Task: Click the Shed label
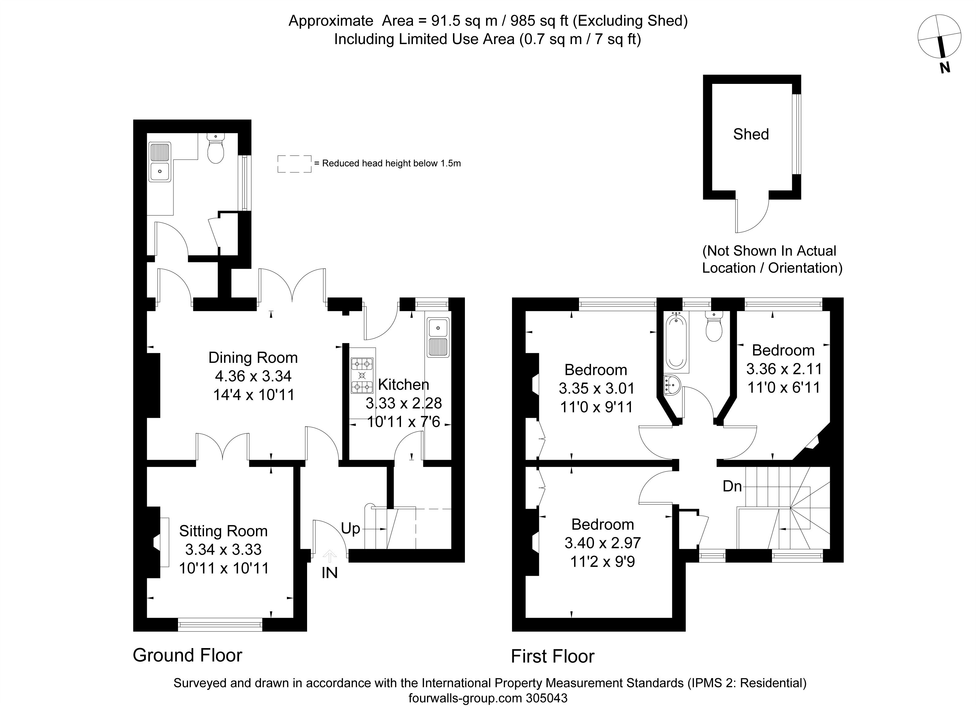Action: (751, 134)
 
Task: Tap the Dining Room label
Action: (253, 358)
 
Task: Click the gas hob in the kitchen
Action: (362, 376)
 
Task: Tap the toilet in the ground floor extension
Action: (216, 148)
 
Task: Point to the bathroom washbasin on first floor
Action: (672, 385)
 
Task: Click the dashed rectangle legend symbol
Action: (294, 164)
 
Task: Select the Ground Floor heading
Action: (187, 655)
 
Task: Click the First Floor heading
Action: (553, 656)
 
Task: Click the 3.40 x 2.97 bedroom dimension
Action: (603, 543)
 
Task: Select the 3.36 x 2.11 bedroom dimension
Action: (784, 369)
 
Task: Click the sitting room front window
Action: (220, 624)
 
